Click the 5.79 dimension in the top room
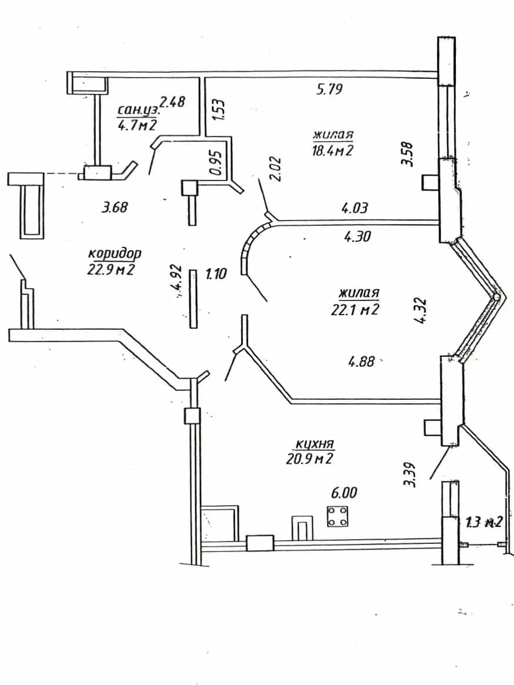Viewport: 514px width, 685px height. (x=329, y=89)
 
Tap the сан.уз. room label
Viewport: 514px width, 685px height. (x=139, y=110)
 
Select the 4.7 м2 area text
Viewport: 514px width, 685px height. (x=137, y=126)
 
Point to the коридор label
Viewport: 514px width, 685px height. (x=115, y=253)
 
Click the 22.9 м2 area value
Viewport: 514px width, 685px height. (x=111, y=269)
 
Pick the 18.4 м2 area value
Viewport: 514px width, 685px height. (x=333, y=151)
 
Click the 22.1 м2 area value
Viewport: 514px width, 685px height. (x=355, y=309)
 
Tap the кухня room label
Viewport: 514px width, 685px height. (x=315, y=444)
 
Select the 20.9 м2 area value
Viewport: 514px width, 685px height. (x=309, y=459)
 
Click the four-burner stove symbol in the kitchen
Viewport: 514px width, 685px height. (x=337, y=516)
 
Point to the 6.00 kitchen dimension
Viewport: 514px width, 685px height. (x=344, y=492)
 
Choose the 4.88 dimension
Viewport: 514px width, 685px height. (x=362, y=362)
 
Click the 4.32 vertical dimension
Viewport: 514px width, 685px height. (x=421, y=310)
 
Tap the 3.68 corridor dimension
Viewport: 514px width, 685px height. (x=115, y=206)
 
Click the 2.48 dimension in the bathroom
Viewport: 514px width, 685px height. (x=172, y=102)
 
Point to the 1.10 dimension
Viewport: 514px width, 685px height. (x=216, y=275)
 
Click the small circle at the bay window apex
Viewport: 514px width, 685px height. (x=496, y=297)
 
